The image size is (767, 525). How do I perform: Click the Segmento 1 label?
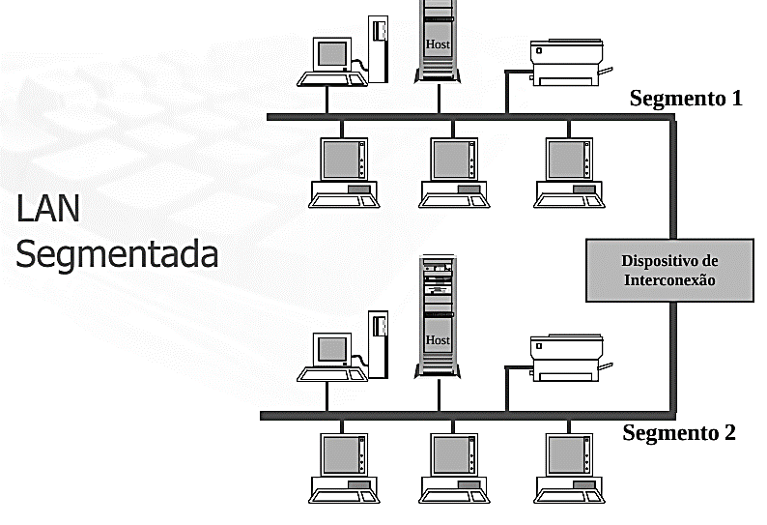click(x=685, y=99)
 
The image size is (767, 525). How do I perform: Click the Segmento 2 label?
click(x=678, y=432)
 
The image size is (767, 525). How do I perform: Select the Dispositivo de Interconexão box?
click(x=669, y=271)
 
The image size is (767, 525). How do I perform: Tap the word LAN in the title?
click(x=48, y=209)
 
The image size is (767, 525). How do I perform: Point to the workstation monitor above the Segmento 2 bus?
click(x=330, y=350)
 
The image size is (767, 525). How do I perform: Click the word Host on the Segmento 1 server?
click(x=438, y=44)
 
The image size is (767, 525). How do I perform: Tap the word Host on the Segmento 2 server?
click(x=438, y=340)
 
